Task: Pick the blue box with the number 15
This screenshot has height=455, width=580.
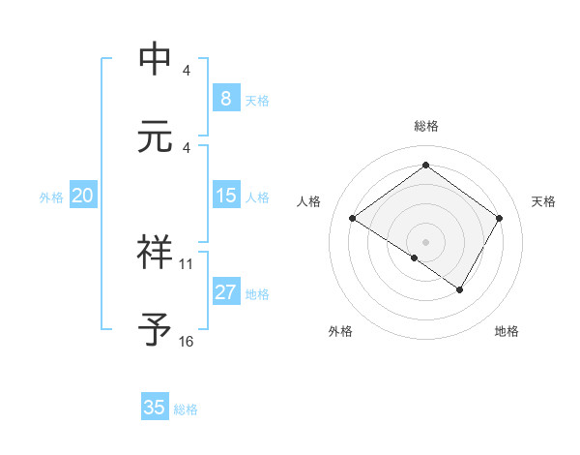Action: tap(225, 196)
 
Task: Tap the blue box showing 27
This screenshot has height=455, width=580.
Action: tap(225, 292)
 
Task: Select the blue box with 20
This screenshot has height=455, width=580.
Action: tap(82, 196)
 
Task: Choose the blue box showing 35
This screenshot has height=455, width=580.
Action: tap(155, 408)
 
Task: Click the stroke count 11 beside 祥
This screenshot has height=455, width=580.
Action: tap(187, 263)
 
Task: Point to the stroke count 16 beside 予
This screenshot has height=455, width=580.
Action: tap(187, 342)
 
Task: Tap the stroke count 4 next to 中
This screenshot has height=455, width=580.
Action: tap(187, 71)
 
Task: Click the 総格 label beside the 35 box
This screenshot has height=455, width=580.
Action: tap(186, 409)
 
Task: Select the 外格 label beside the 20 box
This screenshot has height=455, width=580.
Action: tap(51, 197)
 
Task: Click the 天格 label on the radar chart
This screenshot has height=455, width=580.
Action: tap(544, 201)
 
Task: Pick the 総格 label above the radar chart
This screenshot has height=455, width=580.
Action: tap(425, 126)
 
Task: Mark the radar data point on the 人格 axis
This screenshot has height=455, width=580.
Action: tap(353, 219)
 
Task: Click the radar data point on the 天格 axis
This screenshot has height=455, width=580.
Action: tap(499, 219)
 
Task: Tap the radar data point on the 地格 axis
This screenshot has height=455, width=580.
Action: tap(460, 289)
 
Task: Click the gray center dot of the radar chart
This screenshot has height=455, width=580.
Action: tap(425, 241)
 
